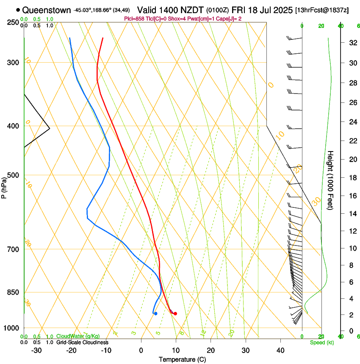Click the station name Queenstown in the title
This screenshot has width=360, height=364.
tap(47, 10)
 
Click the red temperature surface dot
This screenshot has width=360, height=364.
tap(175, 314)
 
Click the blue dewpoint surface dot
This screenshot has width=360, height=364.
tap(156, 314)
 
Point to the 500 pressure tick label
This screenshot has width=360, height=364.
tap(12, 175)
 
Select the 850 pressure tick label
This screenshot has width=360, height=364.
tap(12, 292)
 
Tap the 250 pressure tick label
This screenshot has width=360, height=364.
tap(12, 22)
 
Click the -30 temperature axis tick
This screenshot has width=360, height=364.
tap(36, 350)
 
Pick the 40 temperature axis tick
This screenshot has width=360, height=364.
tap(280, 350)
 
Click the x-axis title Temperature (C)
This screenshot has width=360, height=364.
tap(182, 359)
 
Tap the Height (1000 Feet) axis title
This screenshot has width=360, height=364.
tap(330, 180)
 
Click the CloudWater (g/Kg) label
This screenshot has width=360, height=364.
tap(72, 336)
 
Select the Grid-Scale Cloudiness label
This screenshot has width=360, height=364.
tap(82, 342)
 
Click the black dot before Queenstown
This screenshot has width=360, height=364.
tap(18, 10)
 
